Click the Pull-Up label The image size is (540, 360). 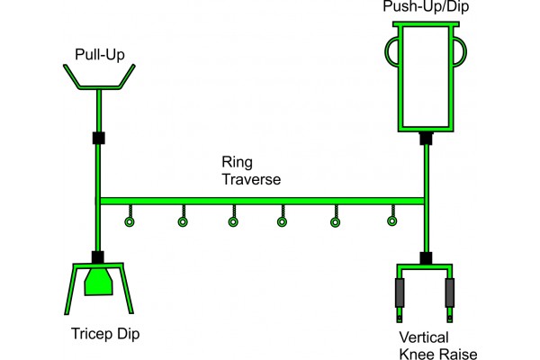click(x=99, y=55)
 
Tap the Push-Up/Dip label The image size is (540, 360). click(x=426, y=7)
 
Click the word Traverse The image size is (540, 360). click(x=251, y=179)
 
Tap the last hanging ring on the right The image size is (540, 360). click(x=391, y=220)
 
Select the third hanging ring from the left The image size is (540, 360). click(x=233, y=221)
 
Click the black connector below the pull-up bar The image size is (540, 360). click(x=99, y=139)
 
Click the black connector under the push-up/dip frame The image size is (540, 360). click(x=427, y=139)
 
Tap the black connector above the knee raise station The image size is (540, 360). click(x=427, y=258)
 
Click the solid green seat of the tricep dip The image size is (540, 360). click(x=98, y=280)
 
